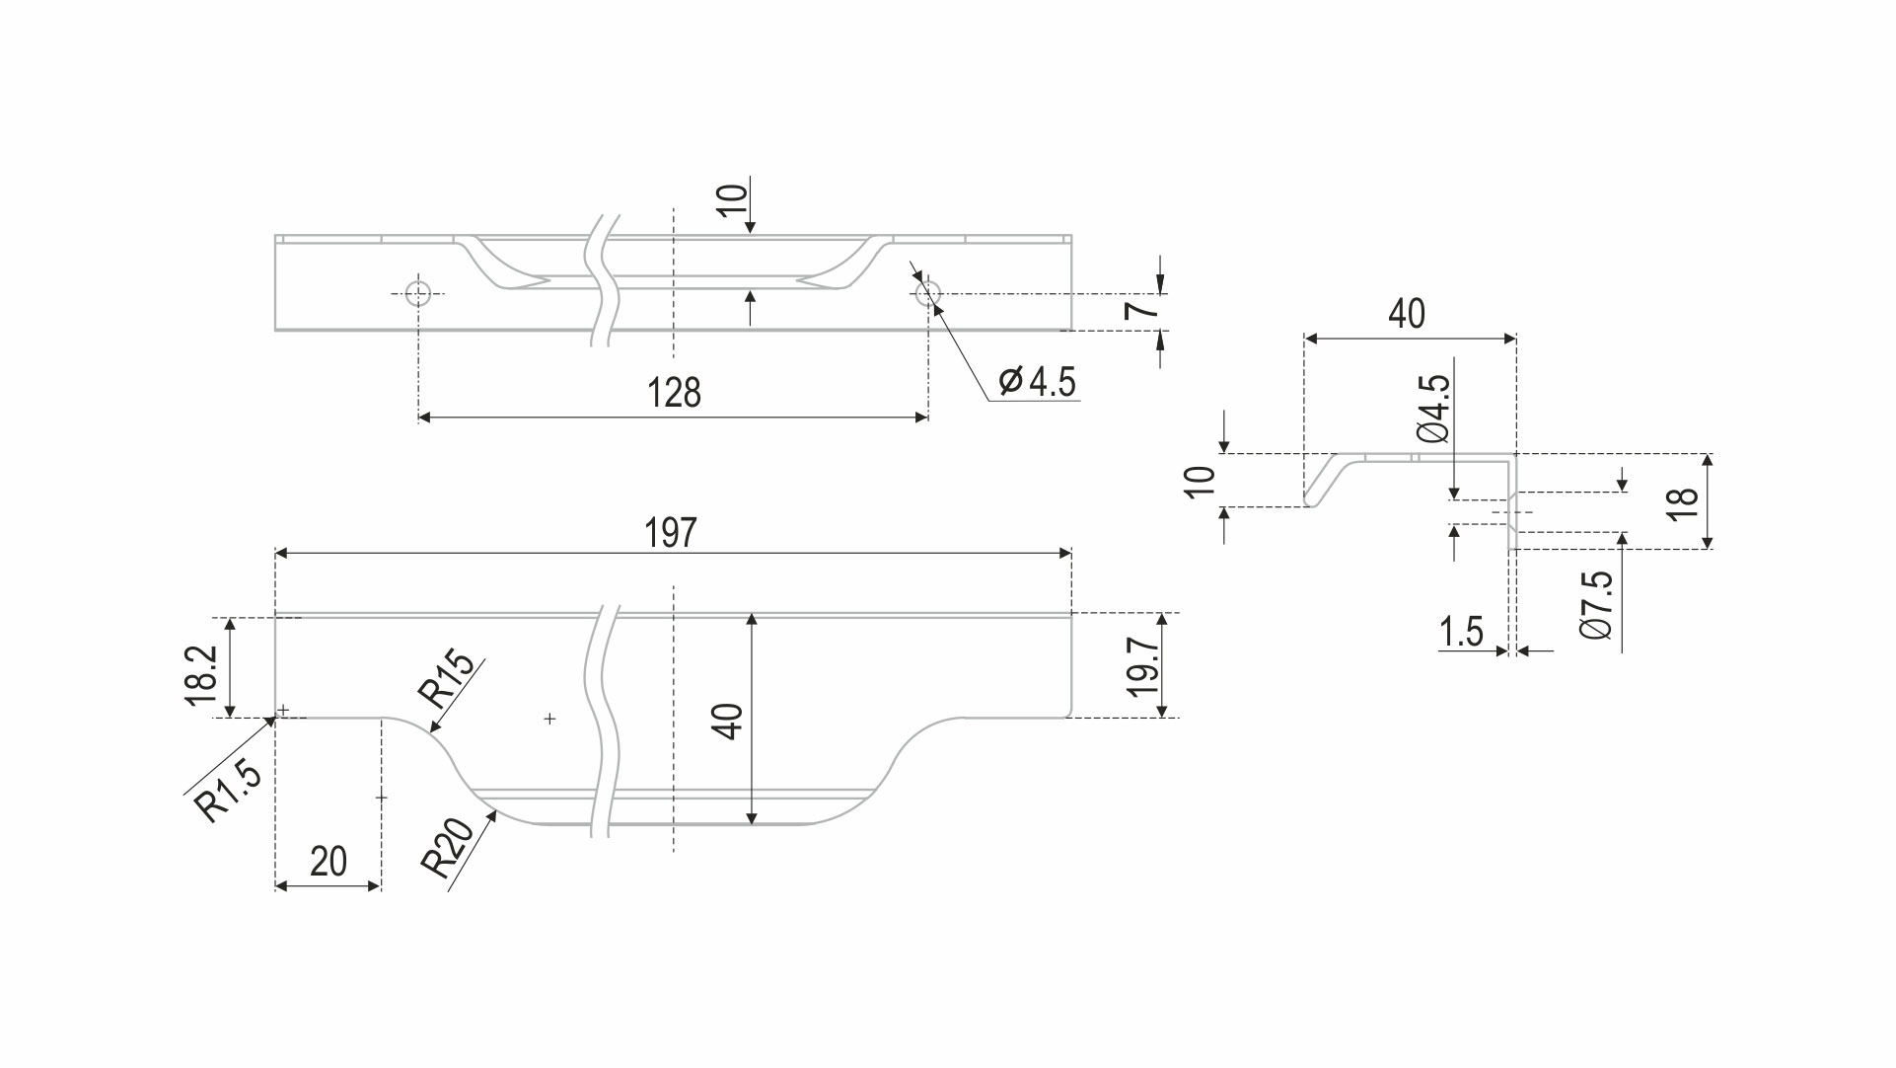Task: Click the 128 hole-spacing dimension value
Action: (x=674, y=393)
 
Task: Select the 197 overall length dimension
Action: (x=671, y=533)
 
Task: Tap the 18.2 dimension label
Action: (x=201, y=675)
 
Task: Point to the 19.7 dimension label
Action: (x=1142, y=666)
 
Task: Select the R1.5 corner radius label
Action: (x=229, y=792)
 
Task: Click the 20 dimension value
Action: (x=328, y=862)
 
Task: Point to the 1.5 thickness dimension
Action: (x=1461, y=632)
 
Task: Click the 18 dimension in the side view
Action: (x=1683, y=503)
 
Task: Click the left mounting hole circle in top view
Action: (x=418, y=293)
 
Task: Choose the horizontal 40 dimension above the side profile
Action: (x=1407, y=314)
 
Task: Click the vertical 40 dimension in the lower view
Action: (x=728, y=722)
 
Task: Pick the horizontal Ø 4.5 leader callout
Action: (x=1037, y=381)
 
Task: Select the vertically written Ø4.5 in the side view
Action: (x=1433, y=408)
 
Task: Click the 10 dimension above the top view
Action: (x=732, y=200)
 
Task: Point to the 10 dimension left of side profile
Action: (x=1201, y=482)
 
